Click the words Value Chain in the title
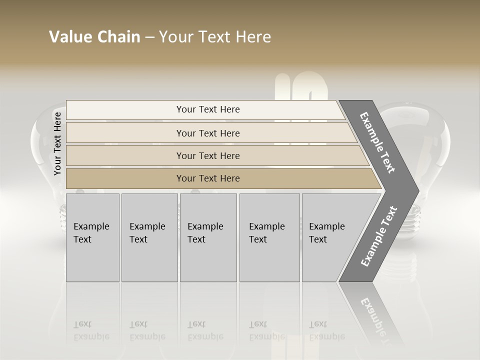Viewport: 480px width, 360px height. point(94,37)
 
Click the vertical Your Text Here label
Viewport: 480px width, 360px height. point(57,143)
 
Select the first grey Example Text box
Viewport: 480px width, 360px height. point(92,237)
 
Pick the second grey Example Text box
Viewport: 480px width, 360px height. point(149,237)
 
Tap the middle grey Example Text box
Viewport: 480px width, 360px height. point(208,237)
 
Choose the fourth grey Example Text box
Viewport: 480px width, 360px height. point(269,237)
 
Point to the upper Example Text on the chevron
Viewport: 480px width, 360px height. point(377,142)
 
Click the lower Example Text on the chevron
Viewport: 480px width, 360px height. point(378,236)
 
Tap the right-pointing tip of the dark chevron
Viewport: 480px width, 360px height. point(416,190)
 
